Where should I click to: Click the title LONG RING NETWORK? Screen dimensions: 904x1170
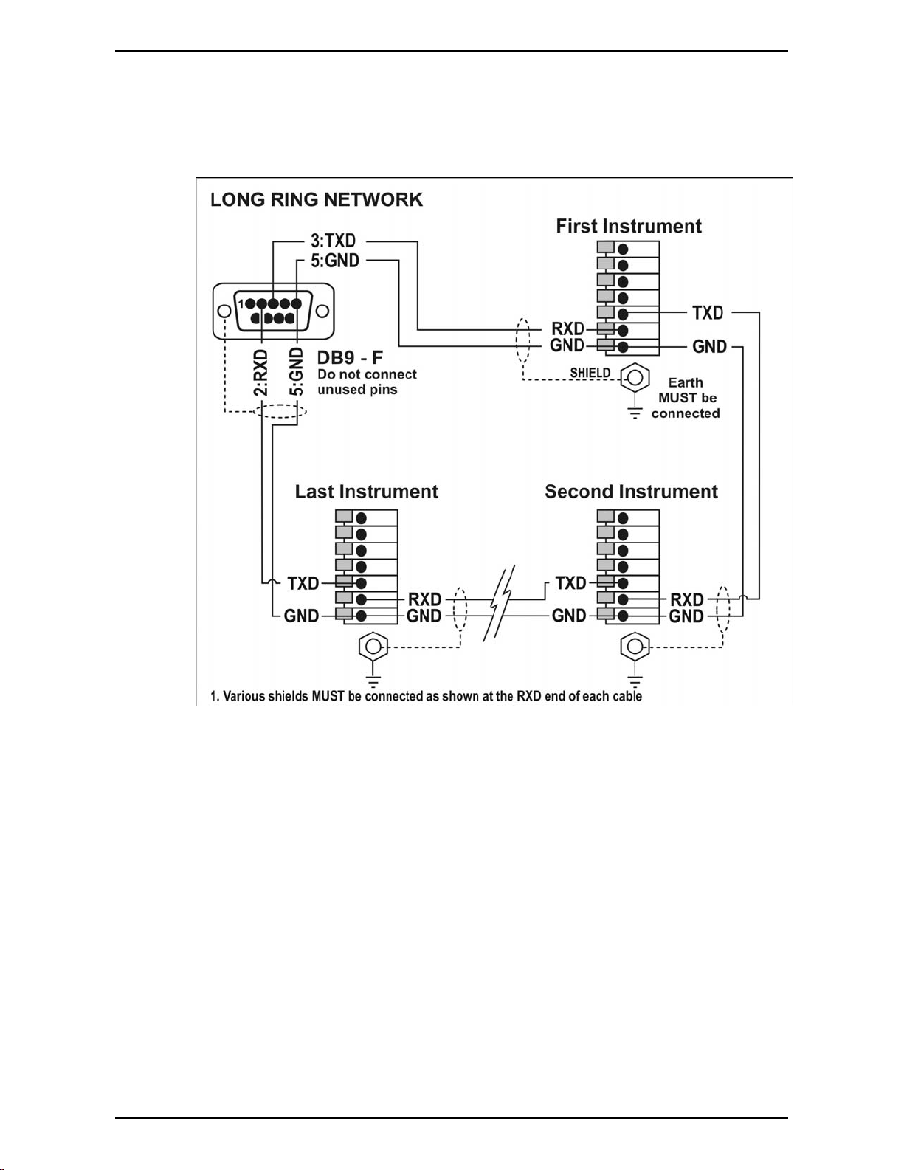[x=317, y=200]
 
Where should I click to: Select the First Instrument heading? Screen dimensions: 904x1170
[x=629, y=226]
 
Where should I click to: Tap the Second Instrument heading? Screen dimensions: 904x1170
[x=631, y=492]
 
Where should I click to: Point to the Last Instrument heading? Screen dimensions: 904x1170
[x=367, y=492]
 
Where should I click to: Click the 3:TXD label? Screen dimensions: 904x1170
[x=333, y=241]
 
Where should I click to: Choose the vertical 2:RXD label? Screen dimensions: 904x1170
[x=260, y=373]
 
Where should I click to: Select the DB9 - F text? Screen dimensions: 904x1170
[x=350, y=357]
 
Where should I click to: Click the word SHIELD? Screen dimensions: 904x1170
[x=590, y=373]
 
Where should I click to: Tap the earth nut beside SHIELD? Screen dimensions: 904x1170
[x=635, y=378]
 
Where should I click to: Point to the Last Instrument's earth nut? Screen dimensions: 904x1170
[x=373, y=646]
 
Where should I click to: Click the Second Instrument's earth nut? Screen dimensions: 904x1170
[x=635, y=646]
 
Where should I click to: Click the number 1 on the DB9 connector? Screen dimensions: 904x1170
[x=241, y=303]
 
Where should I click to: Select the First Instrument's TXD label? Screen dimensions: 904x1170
[x=708, y=312]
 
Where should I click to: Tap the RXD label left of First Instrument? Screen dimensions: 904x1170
[x=567, y=328]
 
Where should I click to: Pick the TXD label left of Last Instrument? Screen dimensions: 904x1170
[x=303, y=583]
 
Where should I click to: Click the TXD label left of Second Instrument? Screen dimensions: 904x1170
[x=570, y=583]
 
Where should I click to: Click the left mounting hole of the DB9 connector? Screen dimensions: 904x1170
[x=224, y=312]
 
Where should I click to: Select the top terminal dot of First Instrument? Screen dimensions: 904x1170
[x=623, y=250]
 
